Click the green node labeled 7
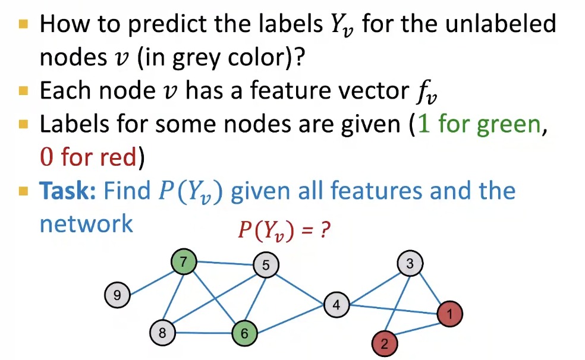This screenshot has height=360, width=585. click(x=183, y=262)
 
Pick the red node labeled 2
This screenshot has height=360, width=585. click(x=384, y=343)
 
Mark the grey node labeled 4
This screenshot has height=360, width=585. click(x=336, y=305)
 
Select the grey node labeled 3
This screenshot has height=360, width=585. click(x=410, y=263)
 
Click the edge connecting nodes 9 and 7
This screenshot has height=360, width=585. click(x=150, y=279)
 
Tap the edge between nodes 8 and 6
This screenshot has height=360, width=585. click(x=203, y=333)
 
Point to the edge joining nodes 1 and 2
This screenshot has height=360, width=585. click(x=417, y=328)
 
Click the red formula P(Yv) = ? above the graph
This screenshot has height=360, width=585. click(x=284, y=230)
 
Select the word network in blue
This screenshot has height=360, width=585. click(x=86, y=224)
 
